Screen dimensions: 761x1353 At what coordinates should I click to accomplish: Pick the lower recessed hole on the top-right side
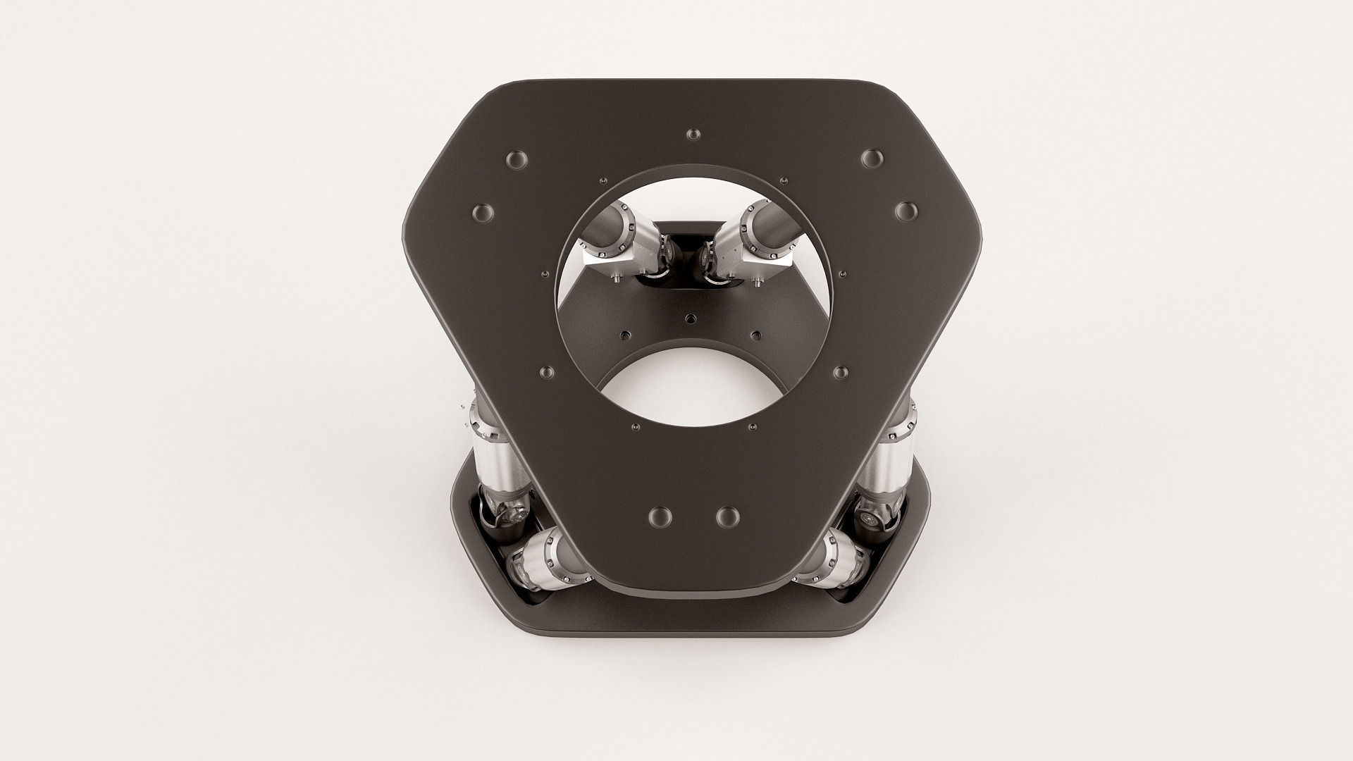pos(906,211)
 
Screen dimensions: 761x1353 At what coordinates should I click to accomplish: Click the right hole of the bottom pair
pos(728,516)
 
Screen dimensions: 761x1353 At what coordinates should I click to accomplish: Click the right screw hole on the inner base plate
pos(756,334)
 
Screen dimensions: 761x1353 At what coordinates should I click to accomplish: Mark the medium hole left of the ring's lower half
pos(546,372)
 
